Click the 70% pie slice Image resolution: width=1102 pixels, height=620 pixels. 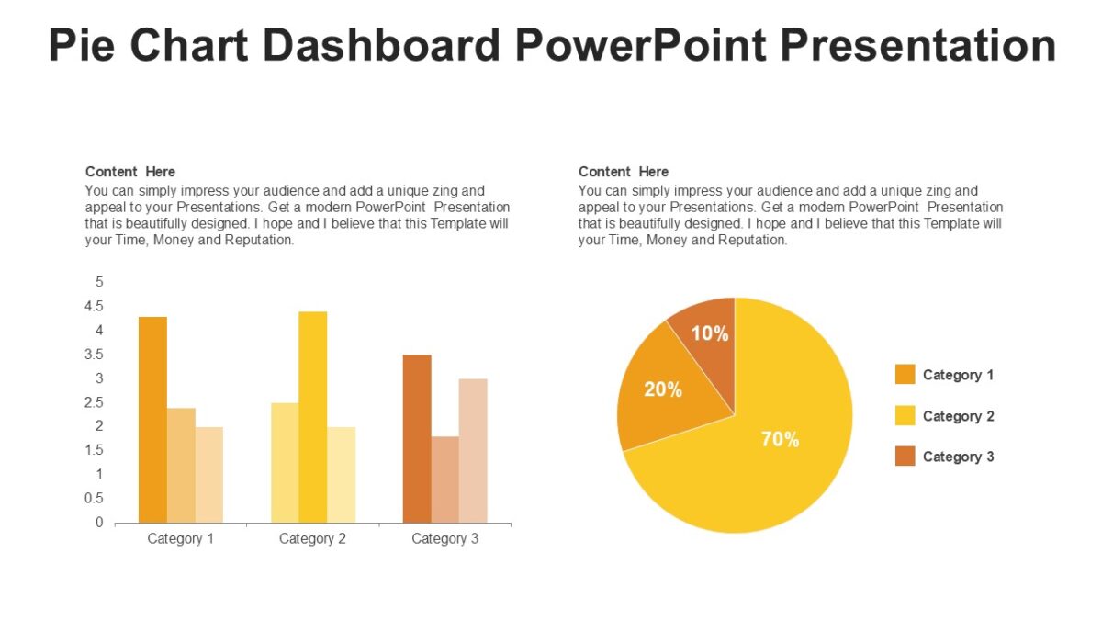click(771, 450)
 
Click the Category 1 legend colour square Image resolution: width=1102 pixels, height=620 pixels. click(905, 375)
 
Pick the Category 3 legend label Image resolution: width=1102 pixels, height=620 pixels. click(958, 457)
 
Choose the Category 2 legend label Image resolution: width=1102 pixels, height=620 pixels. click(958, 416)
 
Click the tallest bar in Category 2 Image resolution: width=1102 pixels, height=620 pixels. click(312, 418)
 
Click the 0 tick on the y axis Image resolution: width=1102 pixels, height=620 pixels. click(99, 523)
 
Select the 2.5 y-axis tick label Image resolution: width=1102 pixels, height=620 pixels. click(95, 402)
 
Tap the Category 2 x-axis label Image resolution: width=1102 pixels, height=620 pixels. click(312, 539)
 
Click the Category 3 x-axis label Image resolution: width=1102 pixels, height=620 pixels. click(444, 539)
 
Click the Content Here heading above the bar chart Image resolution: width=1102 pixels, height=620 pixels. click(130, 172)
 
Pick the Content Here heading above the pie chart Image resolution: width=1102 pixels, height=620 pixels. click(624, 172)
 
